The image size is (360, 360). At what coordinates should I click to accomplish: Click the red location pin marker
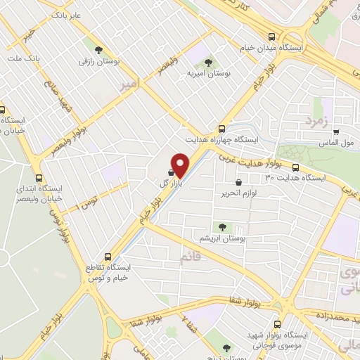[x=181, y=165]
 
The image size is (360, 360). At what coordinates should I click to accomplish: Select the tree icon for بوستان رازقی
[x=98, y=49]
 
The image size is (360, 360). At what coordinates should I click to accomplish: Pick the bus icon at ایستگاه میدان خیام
[x=272, y=37]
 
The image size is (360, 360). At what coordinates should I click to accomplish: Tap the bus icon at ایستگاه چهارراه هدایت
[x=221, y=129]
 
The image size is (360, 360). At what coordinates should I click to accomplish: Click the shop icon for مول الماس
[x=336, y=131]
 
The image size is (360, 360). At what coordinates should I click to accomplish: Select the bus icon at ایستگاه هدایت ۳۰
[x=296, y=167]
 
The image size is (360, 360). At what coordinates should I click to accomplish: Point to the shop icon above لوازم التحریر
[x=238, y=182]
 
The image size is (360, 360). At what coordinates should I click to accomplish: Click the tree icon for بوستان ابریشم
[x=223, y=226]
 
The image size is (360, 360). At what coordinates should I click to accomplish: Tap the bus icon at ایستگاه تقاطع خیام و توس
[x=108, y=257]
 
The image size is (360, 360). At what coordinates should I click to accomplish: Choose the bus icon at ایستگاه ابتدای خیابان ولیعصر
[x=38, y=179]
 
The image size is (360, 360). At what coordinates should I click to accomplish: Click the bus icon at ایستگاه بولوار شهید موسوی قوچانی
[x=278, y=325]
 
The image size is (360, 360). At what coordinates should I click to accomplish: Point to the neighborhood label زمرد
[x=316, y=121]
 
